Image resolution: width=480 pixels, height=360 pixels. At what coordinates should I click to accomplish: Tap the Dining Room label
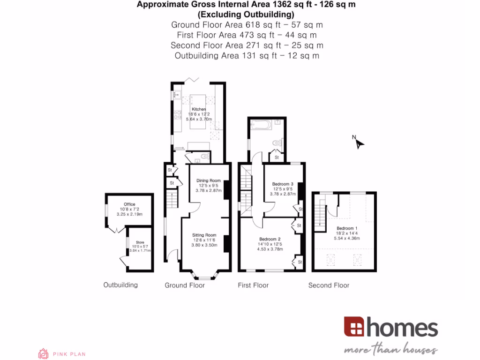(x=208, y=180)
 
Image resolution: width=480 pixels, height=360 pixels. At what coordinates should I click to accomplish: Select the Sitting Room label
(x=204, y=235)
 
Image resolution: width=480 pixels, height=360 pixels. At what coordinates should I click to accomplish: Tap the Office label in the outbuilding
(x=129, y=204)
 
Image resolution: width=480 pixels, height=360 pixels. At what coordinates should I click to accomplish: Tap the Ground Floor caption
(x=185, y=285)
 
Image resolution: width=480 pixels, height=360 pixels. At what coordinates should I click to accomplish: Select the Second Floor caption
(x=329, y=285)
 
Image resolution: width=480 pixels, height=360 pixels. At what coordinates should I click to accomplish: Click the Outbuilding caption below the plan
(x=120, y=285)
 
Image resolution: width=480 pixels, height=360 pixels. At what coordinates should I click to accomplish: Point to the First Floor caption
(x=253, y=285)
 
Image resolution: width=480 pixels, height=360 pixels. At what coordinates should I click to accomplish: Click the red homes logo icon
(x=354, y=326)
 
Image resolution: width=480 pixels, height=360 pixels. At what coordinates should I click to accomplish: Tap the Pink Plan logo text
(x=69, y=354)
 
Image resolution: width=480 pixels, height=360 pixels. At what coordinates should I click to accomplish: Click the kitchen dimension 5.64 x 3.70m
(x=199, y=120)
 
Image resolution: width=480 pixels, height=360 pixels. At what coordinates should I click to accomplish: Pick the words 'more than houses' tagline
(x=390, y=350)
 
